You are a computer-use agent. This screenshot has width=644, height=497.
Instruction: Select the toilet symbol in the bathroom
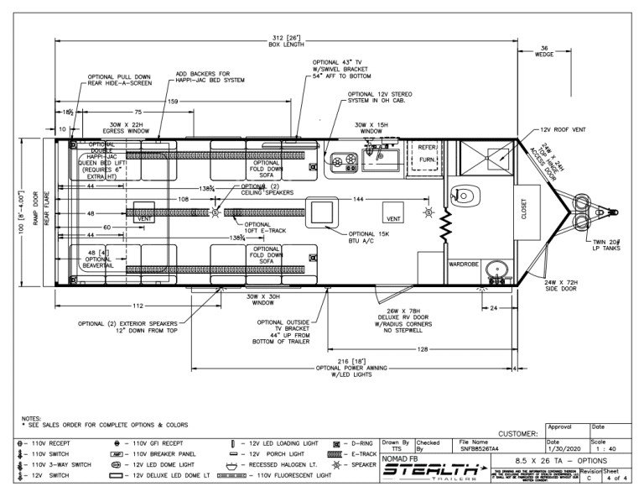(463, 196)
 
